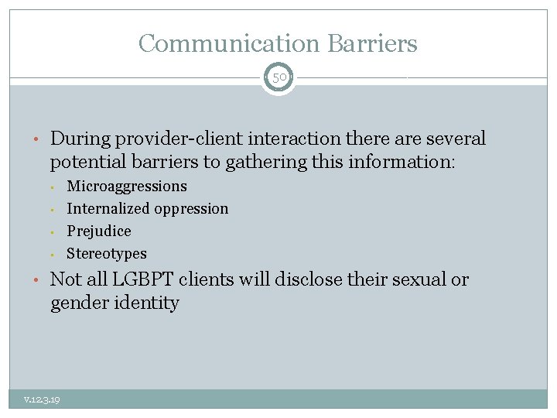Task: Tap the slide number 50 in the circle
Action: [x=278, y=78]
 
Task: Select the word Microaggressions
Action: [x=127, y=186]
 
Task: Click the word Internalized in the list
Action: [x=108, y=208]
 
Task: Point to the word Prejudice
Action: [x=99, y=231]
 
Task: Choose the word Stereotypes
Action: [x=107, y=253]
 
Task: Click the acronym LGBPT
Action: [x=135, y=279]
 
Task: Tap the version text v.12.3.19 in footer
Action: [x=43, y=399]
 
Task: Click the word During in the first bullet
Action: [x=79, y=139]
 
